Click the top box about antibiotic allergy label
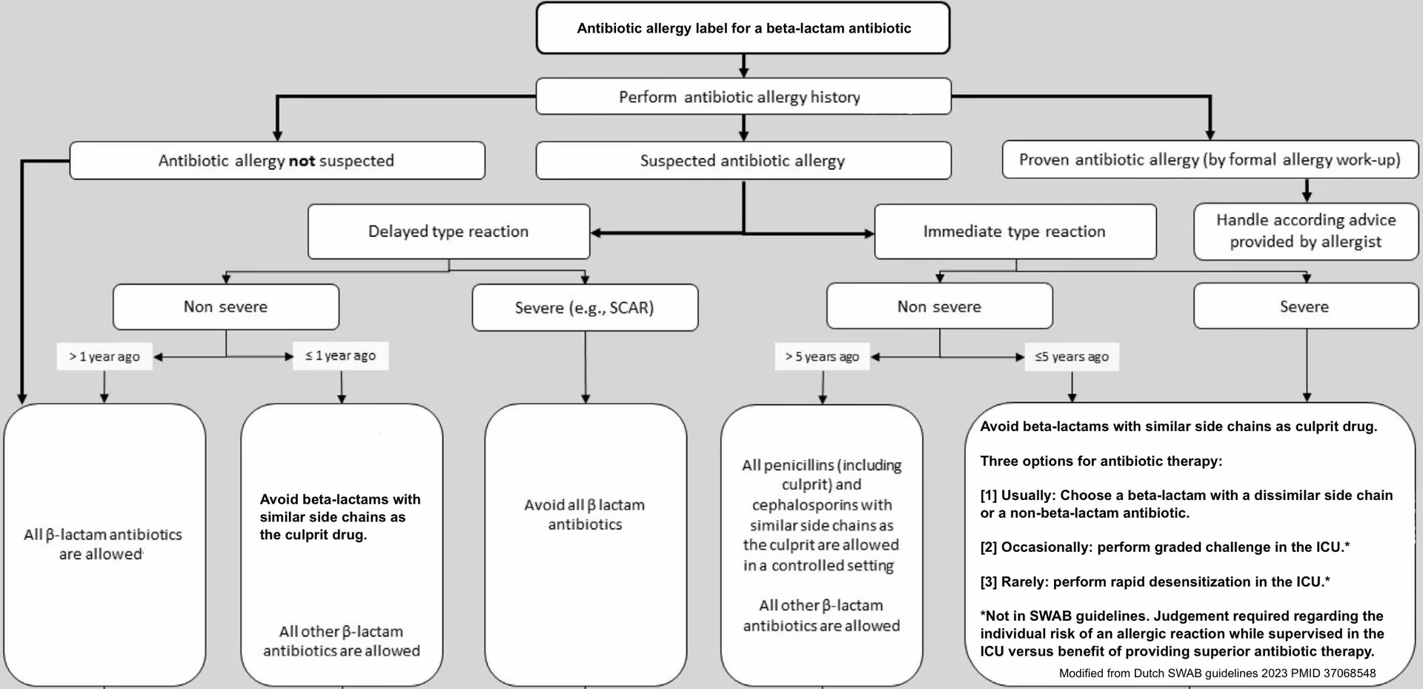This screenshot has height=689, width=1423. [743, 28]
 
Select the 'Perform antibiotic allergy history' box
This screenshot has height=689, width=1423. [743, 97]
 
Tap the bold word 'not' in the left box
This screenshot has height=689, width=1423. [302, 161]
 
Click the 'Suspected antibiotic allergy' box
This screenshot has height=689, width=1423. [743, 161]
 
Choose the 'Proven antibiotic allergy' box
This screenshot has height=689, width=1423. [1210, 160]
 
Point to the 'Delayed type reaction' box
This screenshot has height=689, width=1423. [448, 232]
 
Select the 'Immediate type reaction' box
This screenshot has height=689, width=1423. [1015, 232]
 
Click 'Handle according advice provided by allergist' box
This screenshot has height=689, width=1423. [1306, 231]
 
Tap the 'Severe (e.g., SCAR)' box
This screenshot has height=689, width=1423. [585, 307]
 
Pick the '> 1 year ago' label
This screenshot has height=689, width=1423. [105, 356]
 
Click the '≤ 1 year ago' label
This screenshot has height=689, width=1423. [341, 356]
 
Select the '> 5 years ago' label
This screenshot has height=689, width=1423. [822, 356]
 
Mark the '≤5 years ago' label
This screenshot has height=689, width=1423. [1072, 356]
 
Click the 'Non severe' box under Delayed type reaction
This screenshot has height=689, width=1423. [226, 307]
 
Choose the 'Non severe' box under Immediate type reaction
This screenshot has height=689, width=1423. [939, 307]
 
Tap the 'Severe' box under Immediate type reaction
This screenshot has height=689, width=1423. [1305, 307]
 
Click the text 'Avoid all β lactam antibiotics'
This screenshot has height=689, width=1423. [585, 514]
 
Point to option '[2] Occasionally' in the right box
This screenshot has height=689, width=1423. [1164, 547]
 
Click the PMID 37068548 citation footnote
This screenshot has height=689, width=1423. [1217, 673]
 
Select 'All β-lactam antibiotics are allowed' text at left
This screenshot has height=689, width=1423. [103, 544]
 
